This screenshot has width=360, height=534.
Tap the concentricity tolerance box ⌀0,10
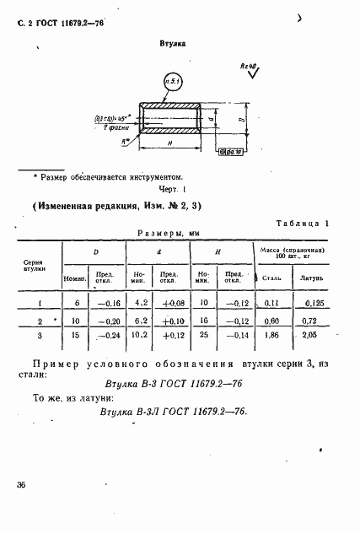[x=230, y=152]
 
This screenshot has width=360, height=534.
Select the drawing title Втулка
[x=173, y=41]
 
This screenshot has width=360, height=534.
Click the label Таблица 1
[x=303, y=223]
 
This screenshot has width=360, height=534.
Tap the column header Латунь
[x=314, y=276]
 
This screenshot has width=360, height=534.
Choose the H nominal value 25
[x=205, y=335]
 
